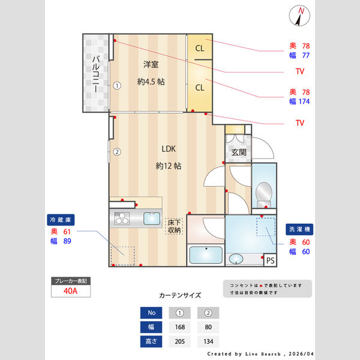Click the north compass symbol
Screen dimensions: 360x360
(301, 16)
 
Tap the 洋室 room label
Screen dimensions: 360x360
(151, 64)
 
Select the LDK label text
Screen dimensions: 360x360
(168, 149)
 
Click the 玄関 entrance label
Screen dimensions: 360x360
(238, 152)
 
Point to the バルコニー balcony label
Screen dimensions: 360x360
(95, 73)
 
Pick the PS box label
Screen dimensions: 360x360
(270, 260)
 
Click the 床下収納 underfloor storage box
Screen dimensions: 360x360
(175, 226)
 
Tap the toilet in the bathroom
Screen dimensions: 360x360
(263, 193)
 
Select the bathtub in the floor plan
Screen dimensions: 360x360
(206, 254)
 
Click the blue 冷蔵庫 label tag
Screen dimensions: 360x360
(60, 220)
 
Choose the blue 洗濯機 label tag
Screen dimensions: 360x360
(299, 229)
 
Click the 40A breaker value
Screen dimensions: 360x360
(70, 291)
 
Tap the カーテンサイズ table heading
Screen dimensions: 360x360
(180, 295)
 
